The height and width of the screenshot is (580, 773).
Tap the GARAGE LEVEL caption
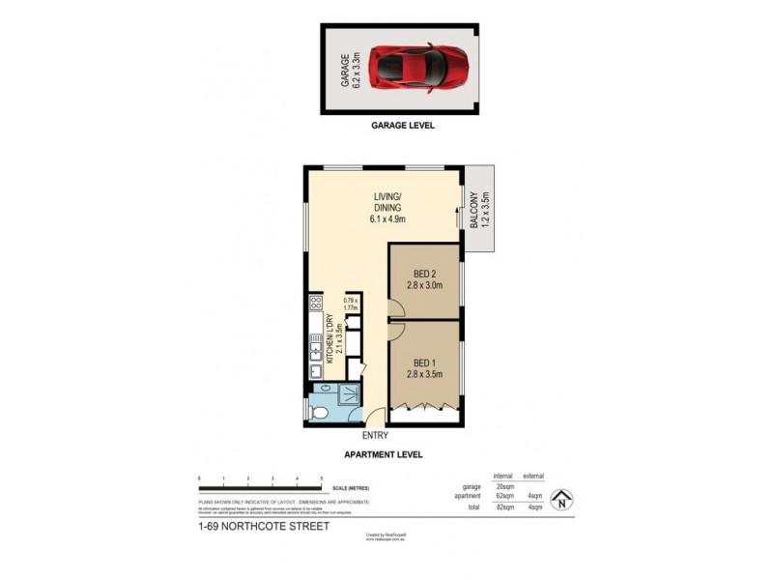click(x=403, y=126)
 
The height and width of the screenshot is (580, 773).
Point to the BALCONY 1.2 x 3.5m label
click(x=479, y=214)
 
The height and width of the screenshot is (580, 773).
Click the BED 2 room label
click(x=424, y=279)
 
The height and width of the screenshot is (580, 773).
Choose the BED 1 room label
click(x=424, y=367)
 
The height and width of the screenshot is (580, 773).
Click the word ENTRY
click(x=375, y=434)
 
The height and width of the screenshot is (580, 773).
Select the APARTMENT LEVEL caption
click(x=384, y=454)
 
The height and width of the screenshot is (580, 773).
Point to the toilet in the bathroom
click(x=322, y=413)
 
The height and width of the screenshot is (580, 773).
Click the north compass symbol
click(x=563, y=500)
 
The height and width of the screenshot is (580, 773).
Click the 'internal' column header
click(x=502, y=475)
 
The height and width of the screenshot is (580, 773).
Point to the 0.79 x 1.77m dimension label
click(x=352, y=304)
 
